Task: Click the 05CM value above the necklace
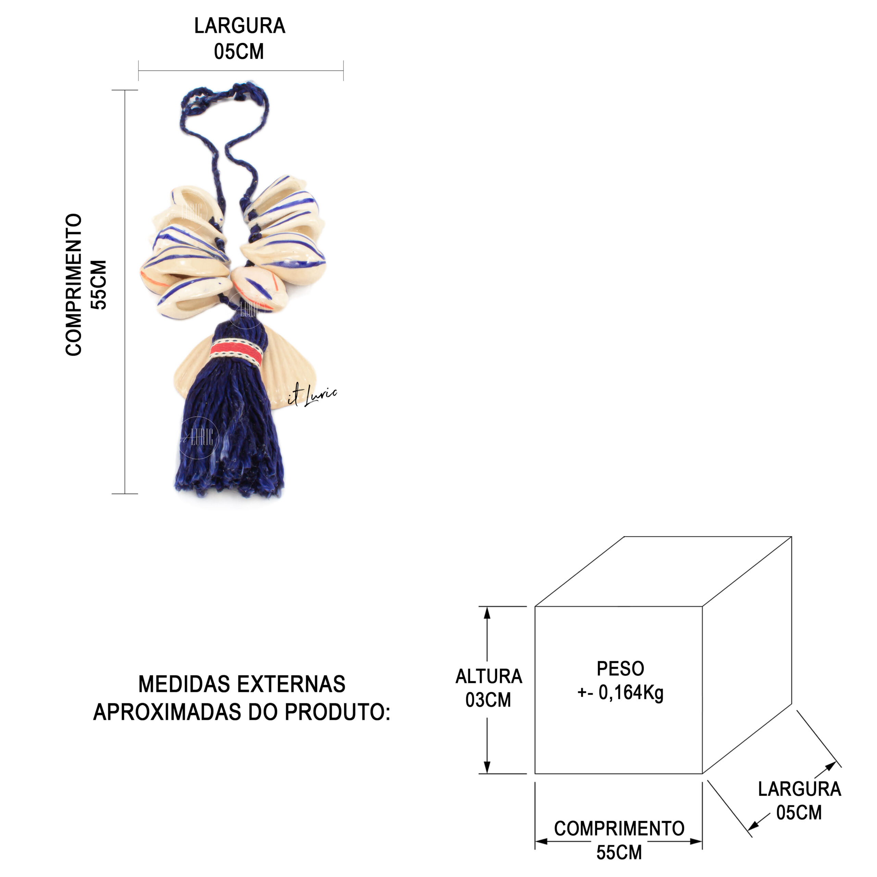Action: coord(239,51)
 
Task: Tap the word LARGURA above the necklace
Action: coord(240,26)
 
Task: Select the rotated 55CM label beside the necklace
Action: coord(99,285)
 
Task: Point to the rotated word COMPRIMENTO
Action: coord(74,285)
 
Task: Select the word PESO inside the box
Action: coord(620,669)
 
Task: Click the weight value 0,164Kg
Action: coord(631,693)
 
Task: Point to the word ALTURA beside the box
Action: coord(489,676)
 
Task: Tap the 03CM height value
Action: coord(488,700)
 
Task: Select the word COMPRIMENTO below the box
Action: coord(619,828)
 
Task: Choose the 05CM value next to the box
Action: coord(799,813)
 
